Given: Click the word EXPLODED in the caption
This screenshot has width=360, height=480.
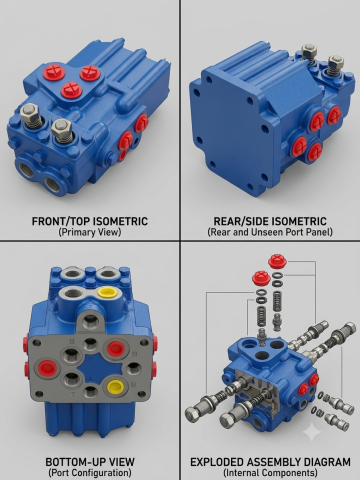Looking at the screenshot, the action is tap(219, 462).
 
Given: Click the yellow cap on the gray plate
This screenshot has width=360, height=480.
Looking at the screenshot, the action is tap(115, 386).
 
